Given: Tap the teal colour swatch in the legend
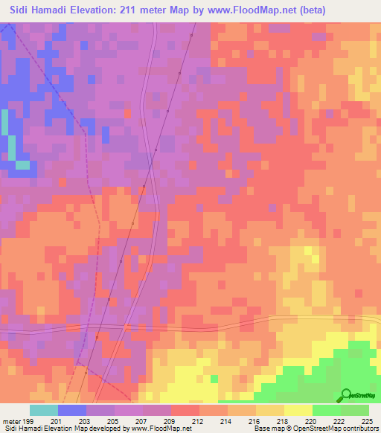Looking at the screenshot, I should point(44,410).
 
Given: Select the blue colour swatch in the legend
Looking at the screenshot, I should point(72,410).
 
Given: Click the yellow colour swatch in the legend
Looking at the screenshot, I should point(298,410).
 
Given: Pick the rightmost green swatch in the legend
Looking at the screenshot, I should point(354,410).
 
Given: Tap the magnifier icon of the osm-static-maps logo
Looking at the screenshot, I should point(345,394).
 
